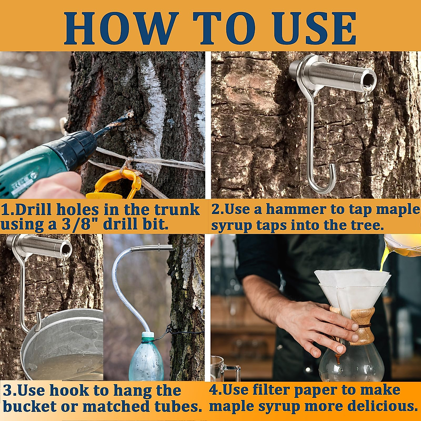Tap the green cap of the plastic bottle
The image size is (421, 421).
click(x=148, y=337)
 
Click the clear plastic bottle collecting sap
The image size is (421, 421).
click(x=146, y=361)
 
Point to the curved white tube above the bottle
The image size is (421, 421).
click(x=121, y=281)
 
